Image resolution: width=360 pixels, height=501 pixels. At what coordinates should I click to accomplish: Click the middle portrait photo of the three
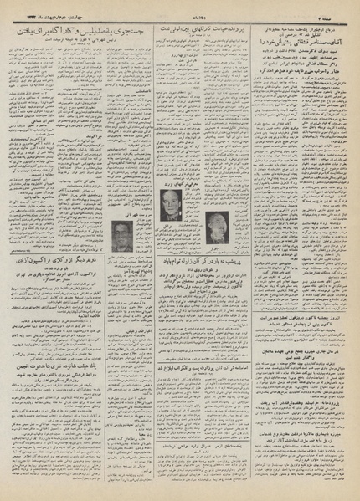point(171,205)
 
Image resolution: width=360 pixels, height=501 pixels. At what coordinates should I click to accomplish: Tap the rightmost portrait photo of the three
point(220,222)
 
